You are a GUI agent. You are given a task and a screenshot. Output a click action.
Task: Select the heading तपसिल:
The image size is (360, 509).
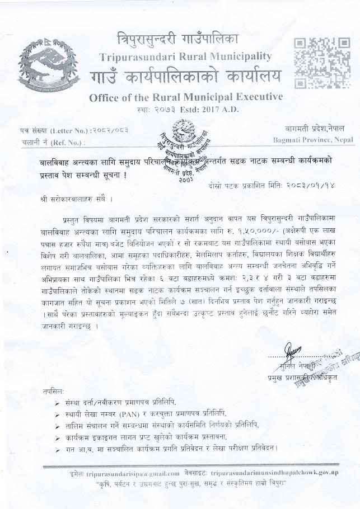53,392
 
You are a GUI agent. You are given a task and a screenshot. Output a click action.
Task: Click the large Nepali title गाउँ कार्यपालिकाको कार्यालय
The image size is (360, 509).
185,77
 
